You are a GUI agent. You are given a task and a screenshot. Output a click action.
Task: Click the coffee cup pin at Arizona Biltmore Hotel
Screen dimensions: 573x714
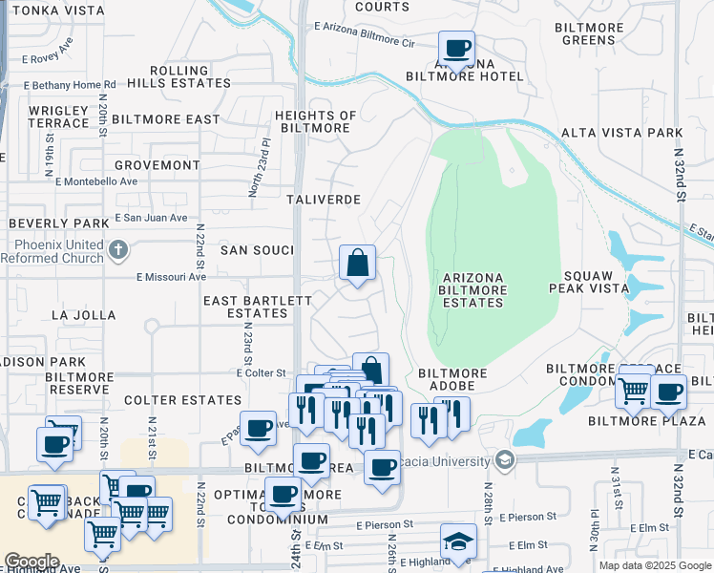tap(456, 48)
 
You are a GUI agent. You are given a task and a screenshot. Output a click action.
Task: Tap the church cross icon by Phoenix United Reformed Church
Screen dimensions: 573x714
tap(117, 250)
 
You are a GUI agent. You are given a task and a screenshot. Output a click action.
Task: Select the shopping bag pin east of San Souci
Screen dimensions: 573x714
tap(357, 263)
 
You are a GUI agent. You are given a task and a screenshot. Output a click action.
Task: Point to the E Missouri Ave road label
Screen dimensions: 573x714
tap(171, 277)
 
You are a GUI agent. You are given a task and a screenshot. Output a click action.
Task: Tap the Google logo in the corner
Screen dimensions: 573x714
tap(32, 562)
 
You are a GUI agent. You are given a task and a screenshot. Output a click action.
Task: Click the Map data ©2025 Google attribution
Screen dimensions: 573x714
tap(654, 565)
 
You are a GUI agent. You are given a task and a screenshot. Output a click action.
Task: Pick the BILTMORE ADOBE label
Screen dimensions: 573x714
tap(452, 373)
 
